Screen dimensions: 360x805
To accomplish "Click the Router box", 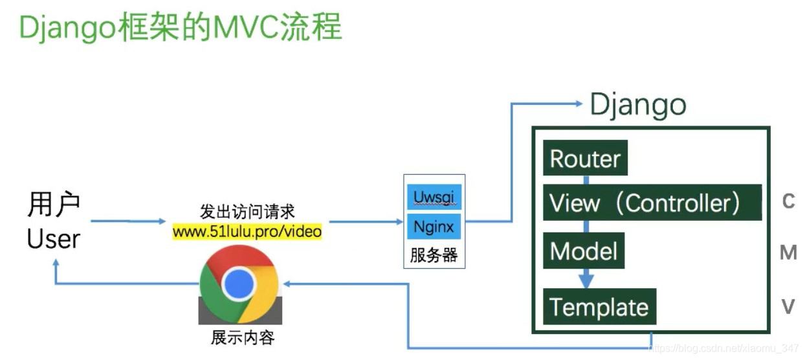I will pos(585,158).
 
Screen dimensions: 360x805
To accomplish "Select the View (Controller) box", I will pos(652,203).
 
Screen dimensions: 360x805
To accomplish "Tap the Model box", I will pos(584,251).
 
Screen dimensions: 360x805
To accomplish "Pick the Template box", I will pos(599,307).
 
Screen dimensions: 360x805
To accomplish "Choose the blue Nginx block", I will pos(434,227).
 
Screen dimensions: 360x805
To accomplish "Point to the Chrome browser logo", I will pos(239,284).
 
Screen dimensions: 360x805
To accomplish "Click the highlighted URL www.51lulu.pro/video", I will pos(247,231).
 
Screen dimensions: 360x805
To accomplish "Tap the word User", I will pos(53,239).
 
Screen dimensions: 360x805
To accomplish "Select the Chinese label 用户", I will pos(53,205).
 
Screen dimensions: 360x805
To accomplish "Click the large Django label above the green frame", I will pos(638,105).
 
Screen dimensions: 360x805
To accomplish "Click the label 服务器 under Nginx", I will pos(434,255).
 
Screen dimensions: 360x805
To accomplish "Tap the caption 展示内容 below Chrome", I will pos(243,337).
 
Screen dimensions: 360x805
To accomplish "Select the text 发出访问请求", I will pos(247,212).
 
